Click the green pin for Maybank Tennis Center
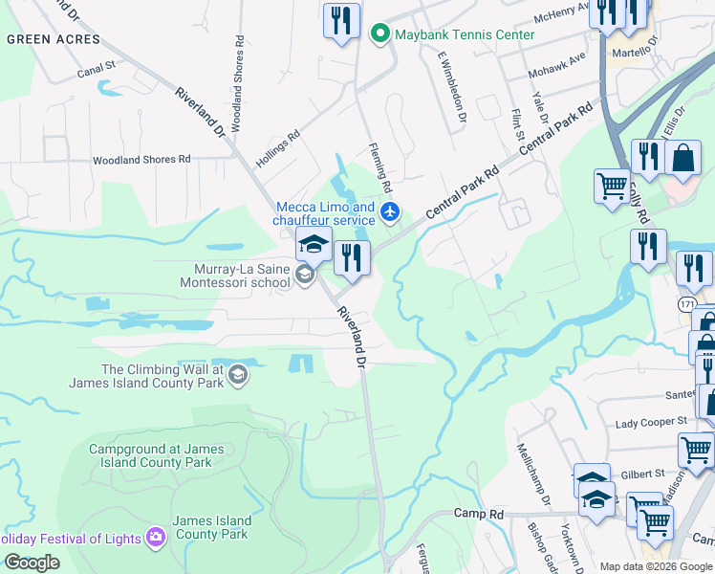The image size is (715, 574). click(x=379, y=35)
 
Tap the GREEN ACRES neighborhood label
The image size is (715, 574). click(x=53, y=39)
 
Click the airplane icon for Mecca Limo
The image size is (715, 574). click(x=389, y=212)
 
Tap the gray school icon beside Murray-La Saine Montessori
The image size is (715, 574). click(x=305, y=276)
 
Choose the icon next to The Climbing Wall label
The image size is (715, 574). click(x=238, y=376)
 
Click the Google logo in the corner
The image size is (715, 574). click(x=32, y=563)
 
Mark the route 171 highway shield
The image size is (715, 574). click(x=688, y=303)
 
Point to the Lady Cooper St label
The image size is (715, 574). click(x=651, y=421)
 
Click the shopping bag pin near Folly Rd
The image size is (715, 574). click(x=683, y=158)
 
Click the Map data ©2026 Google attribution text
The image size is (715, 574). click(x=656, y=566)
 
